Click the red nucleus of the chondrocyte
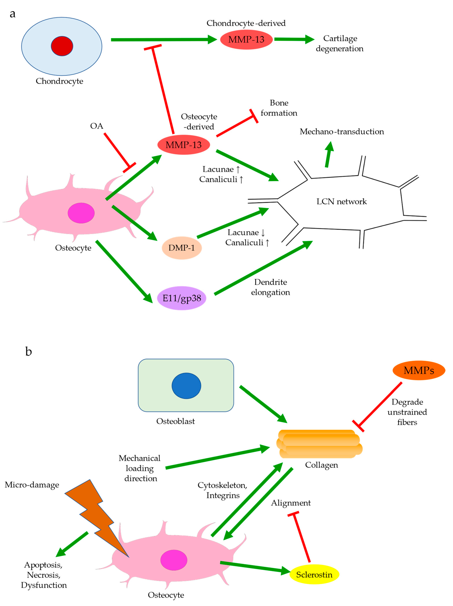point(62,46)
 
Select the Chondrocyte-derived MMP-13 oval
point(246,39)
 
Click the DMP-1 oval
point(182,248)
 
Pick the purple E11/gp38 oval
point(182,298)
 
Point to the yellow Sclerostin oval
point(314,575)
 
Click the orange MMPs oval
point(419,370)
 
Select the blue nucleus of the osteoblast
point(186,386)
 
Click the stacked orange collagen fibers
point(319,444)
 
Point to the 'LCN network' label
point(342,202)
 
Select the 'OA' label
point(97,126)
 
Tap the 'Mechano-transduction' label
point(342,132)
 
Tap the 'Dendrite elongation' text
point(271,287)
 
